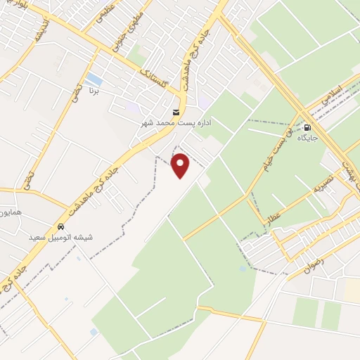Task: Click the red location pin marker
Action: [x=181, y=165]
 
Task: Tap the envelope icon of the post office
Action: [x=176, y=112]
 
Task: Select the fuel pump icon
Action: [x=307, y=127]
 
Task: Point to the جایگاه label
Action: [x=307, y=138]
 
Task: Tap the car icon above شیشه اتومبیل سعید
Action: [x=61, y=227]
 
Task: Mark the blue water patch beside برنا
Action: [x=94, y=79]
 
